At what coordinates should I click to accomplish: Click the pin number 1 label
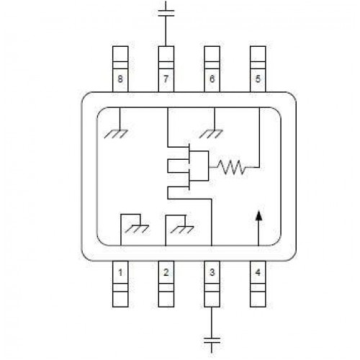pos(120,273)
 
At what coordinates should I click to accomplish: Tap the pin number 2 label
pos(166,273)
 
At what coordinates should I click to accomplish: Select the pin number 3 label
pos(212,273)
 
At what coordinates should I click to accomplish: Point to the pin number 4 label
pos(258,273)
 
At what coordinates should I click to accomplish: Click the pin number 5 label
pos(258,78)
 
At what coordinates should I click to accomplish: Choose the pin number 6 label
pos(212,78)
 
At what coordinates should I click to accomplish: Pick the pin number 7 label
pos(166,78)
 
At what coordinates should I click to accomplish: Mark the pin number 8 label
pos(120,78)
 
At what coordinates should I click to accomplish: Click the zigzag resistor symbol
pos(231,167)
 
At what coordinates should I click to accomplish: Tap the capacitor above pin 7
pos(166,13)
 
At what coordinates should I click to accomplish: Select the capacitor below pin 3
pos(212,340)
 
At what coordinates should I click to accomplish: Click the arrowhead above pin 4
pos(258,215)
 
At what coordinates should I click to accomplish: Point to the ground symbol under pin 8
pos(116,134)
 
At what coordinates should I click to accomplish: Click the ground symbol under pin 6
pos(211,134)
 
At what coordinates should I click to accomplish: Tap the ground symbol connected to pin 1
pos(137,229)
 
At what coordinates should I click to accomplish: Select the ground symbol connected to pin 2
pos(181,230)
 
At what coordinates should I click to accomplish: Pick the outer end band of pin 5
pos(258,54)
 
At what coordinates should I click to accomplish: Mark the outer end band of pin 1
pos(120,300)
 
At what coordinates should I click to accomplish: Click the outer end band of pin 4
pos(258,300)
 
